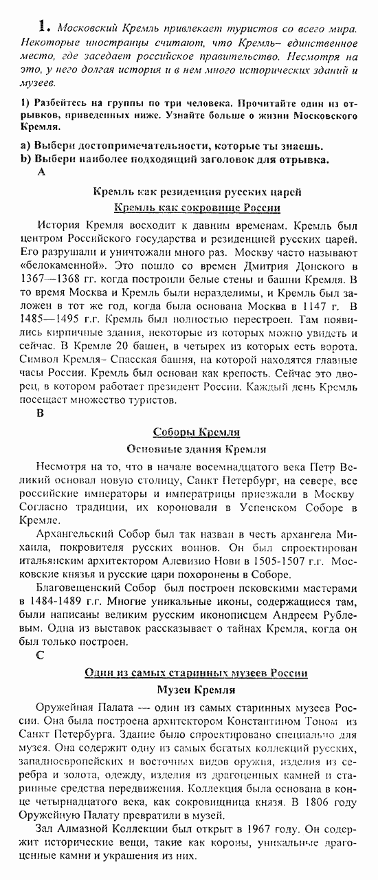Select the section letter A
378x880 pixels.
42,173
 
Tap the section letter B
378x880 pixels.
41,414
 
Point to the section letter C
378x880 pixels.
41,654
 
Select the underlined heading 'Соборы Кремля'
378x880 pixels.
196,432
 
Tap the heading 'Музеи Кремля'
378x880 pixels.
196,690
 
